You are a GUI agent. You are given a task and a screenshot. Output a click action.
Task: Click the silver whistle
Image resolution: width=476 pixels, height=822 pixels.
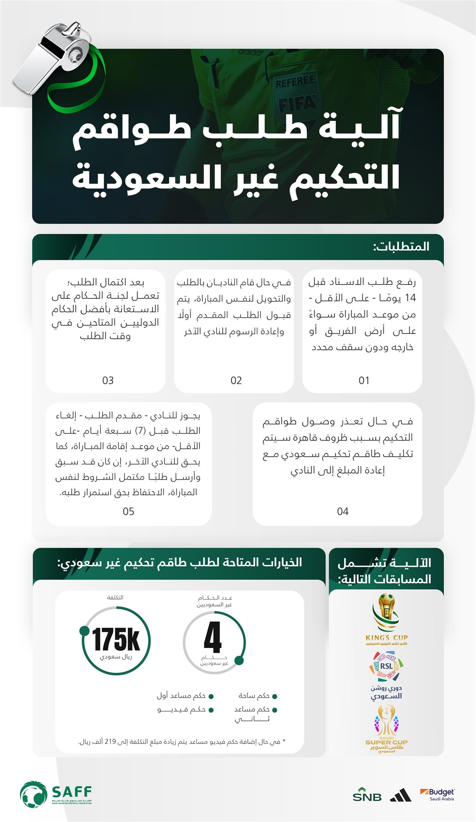point(50,57)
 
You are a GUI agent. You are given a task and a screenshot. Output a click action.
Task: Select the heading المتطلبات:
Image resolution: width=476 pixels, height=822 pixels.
point(401,247)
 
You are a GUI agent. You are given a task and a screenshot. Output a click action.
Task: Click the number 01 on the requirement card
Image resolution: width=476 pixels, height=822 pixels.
point(364,380)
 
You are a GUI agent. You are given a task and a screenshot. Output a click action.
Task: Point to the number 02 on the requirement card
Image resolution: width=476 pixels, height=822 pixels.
point(236,380)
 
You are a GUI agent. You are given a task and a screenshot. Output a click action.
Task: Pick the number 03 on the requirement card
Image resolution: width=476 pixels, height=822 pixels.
point(108,380)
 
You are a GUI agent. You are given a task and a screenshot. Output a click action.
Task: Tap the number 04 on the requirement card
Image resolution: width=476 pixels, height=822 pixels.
point(342,511)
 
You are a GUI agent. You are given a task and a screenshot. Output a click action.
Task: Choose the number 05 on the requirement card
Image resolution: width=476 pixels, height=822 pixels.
point(128,511)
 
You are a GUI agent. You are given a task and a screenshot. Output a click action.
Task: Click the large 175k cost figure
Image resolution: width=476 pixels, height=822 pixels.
point(116,639)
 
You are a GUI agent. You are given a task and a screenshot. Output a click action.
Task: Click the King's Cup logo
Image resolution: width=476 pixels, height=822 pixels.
point(386,619)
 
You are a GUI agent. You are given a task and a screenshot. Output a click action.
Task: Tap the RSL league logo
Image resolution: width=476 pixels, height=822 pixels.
point(386,667)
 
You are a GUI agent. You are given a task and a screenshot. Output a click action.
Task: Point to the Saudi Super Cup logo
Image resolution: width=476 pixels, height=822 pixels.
point(386,728)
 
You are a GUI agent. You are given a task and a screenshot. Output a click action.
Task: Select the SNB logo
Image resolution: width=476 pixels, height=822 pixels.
point(367,795)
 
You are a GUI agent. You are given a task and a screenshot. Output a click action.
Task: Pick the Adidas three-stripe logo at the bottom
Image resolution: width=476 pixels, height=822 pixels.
point(401,796)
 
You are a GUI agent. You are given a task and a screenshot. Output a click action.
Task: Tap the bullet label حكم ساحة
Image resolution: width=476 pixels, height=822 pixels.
point(254,696)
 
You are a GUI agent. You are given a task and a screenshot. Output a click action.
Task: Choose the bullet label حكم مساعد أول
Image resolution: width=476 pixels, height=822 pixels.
point(181,696)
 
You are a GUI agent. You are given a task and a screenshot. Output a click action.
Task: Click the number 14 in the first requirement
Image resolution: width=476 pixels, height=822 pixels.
point(410,298)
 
